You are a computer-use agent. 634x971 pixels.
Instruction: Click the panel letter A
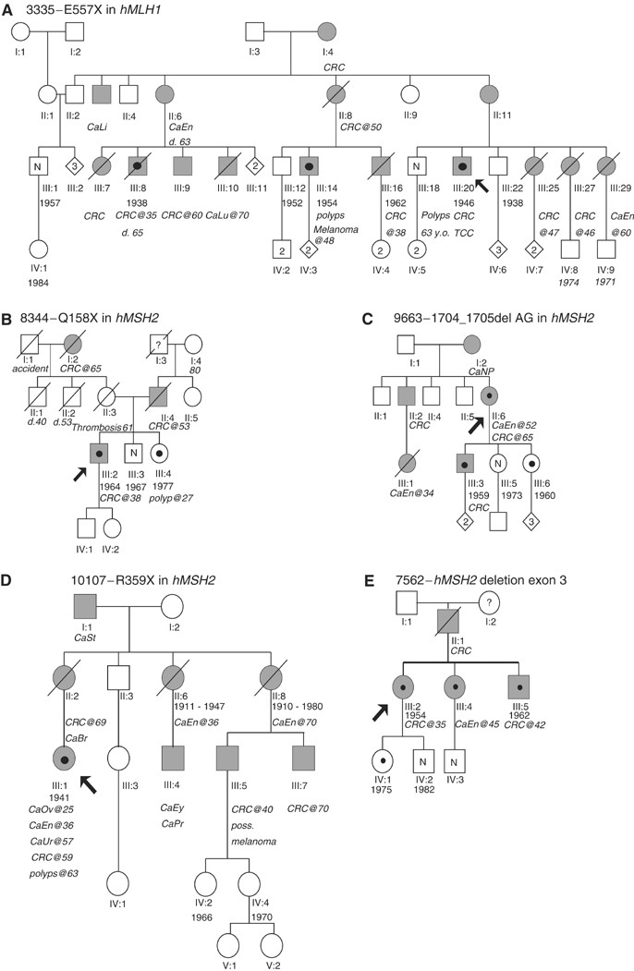coord(8,8)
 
